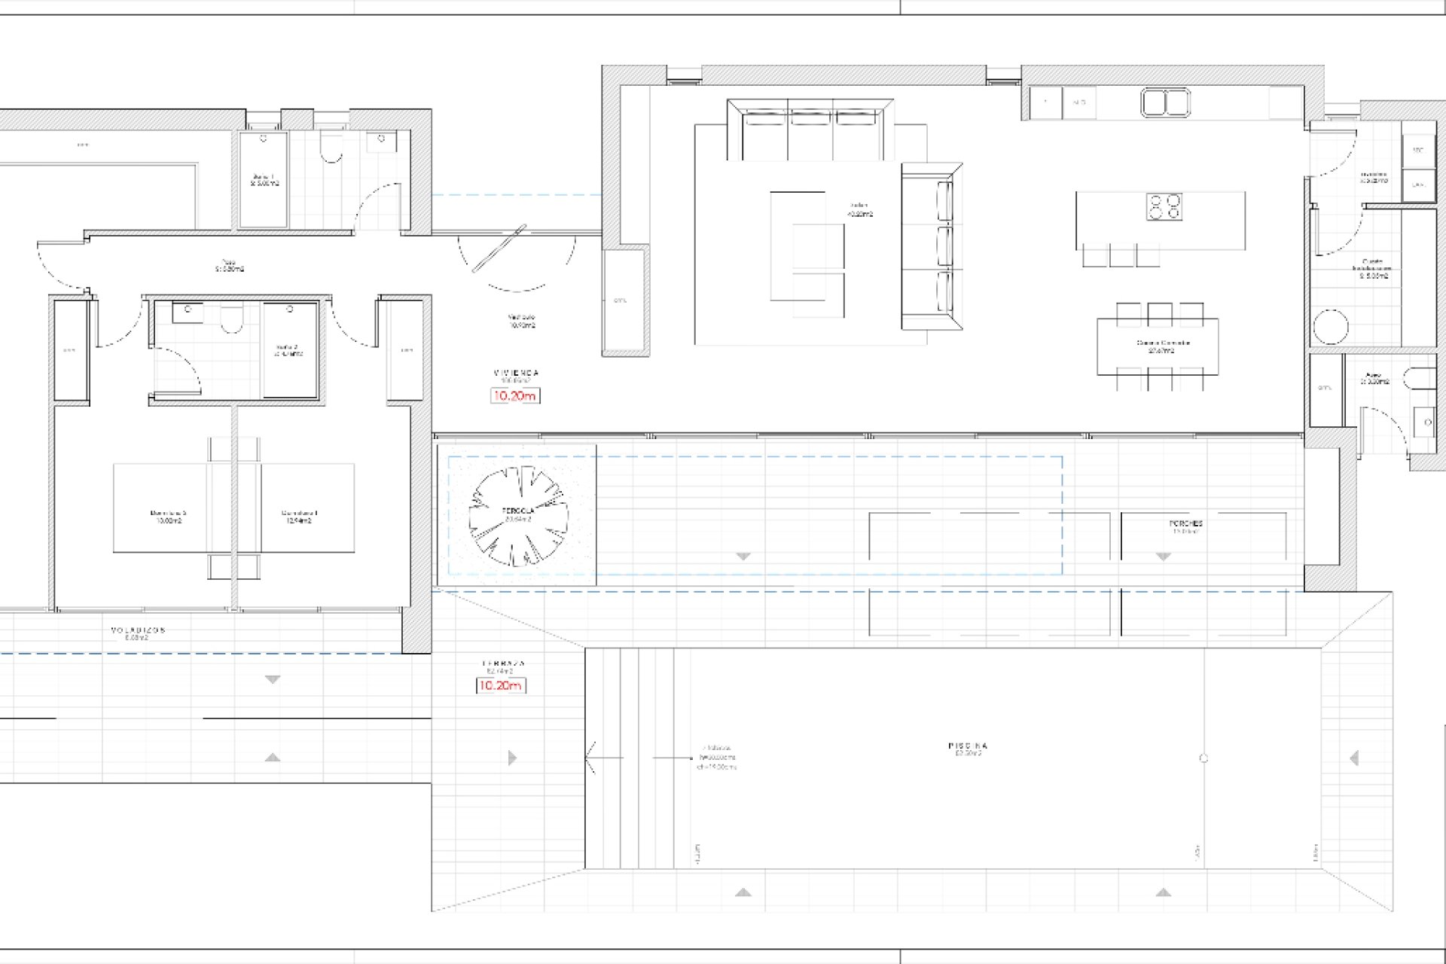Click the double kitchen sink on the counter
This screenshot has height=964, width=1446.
coord(1165,102)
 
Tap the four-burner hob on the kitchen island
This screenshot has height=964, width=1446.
coord(1164,206)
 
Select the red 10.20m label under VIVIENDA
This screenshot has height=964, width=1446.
coord(514,395)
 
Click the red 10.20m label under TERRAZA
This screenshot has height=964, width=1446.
coord(501,685)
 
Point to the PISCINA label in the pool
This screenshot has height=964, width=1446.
coord(968,746)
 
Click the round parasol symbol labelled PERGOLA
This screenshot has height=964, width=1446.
coord(517,516)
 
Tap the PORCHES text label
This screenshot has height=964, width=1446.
coord(1185,523)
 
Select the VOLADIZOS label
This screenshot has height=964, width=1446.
coord(138,630)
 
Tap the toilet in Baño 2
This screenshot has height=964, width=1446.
coord(231,321)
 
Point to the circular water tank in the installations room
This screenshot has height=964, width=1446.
coord(1331,327)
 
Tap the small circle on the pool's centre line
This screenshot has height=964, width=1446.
coord(1203,758)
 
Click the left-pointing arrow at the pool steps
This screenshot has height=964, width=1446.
coord(592,757)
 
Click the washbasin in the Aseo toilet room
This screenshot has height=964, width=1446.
coord(1426,422)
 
